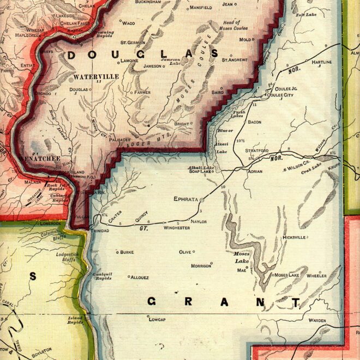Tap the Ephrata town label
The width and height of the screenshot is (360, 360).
(x=187, y=199)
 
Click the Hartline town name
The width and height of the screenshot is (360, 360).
(x=321, y=63)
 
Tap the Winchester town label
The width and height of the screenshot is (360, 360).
(x=176, y=227)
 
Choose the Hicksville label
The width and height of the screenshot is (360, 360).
(x=295, y=238)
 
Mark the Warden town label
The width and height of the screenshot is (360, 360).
(x=317, y=320)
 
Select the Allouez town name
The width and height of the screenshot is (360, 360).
(x=140, y=277)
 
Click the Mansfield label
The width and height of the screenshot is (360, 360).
(x=201, y=8)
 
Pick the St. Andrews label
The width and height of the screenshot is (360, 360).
(x=235, y=59)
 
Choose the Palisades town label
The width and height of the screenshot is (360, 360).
(x=120, y=139)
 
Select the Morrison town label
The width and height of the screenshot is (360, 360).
(x=201, y=266)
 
